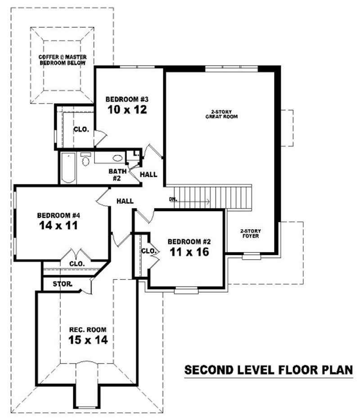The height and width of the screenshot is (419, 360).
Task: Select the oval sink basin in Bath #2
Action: click(117, 158)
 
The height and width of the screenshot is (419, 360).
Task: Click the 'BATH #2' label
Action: click(116, 175)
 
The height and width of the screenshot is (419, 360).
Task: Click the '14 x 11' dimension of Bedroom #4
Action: click(58, 225)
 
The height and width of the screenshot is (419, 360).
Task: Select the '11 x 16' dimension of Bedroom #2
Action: click(189, 252)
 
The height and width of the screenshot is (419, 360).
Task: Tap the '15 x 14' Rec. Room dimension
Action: click(88, 340)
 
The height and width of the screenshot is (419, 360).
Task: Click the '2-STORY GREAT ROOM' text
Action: click(221, 114)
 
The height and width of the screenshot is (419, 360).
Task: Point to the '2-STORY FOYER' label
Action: click(251, 233)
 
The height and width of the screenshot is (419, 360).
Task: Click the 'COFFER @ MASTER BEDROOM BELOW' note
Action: click(63, 60)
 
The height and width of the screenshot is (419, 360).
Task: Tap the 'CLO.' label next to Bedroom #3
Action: click(81, 129)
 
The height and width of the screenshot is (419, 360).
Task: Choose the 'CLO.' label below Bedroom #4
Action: click(76, 263)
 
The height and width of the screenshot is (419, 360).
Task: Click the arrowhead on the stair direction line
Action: click(208, 202)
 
